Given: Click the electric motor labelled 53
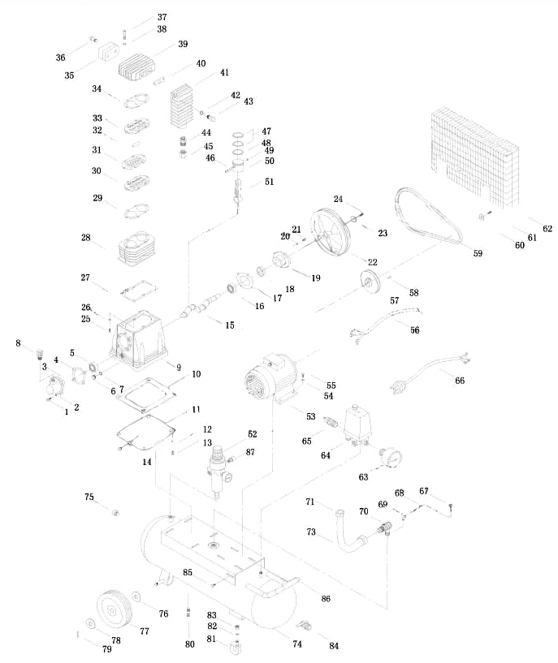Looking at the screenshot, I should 272,379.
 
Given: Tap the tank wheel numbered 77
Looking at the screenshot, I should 113,609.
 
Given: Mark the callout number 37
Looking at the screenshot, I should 162,17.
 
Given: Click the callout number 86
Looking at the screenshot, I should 326,598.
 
